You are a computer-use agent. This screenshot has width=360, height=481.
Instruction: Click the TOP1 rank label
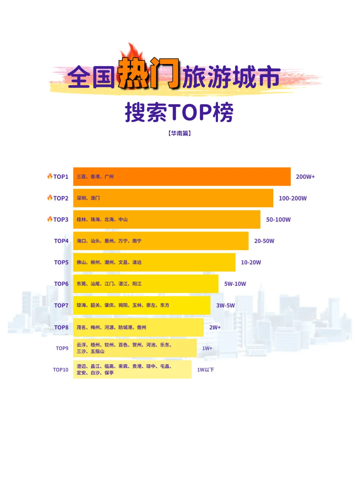pyautogui.click(x=61, y=177)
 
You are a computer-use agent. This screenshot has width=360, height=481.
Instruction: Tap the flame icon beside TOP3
pyautogui.click(x=50, y=219)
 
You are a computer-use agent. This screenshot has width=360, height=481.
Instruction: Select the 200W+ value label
pyautogui.click(x=305, y=177)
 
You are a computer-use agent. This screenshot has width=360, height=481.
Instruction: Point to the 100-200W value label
pyautogui.click(x=292, y=198)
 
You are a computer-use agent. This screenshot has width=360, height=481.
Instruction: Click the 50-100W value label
pyautogui.click(x=278, y=220)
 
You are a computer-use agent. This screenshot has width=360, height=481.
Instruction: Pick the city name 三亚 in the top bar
pyautogui.click(x=81, y=177)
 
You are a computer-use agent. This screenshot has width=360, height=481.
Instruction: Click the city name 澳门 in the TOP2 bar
pyautogui.click(x=95, y=198)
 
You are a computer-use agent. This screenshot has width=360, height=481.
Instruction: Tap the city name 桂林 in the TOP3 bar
pyautogui.click(x=81, y=219)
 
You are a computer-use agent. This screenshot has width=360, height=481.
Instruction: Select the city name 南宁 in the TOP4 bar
pyautogui.click(x=137, y=241)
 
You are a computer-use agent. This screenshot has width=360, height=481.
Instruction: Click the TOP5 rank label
pyautogui.click(x=61, y=262)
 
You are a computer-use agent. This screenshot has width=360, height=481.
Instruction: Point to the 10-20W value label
pyautogui.click(x=251, y=262)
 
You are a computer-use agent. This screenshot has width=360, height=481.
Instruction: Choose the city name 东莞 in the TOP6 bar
pyautogui.click(x=81, y=284)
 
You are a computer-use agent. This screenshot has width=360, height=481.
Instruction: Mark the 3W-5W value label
pyautogui.click(x=225, y=305)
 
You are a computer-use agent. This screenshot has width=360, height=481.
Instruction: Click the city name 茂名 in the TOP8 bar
pyautogui.click(x=81, y=327)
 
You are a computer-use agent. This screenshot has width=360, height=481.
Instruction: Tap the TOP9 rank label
pyautogui.click(x=62, y=348)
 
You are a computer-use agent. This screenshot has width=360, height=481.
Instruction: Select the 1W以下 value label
pyautogui.click(x=205, y=370)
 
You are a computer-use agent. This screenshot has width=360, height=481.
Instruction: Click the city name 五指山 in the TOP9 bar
pyautogui.click(x=98, y=351)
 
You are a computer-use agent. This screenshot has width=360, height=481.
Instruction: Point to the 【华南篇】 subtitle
pyautogui.click(x=179, y=133)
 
